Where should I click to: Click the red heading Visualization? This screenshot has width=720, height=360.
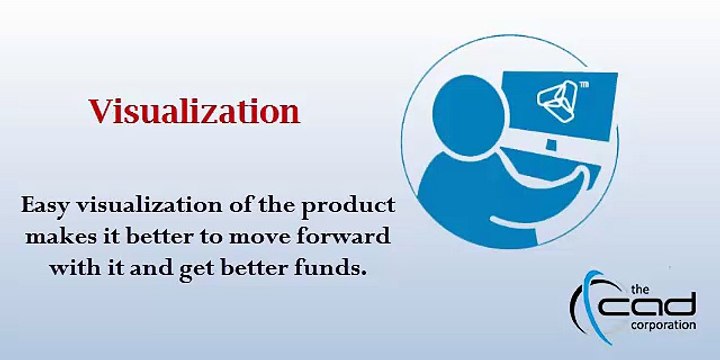click(194, 111)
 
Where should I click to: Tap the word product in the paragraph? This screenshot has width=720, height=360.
click(356, 205)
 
